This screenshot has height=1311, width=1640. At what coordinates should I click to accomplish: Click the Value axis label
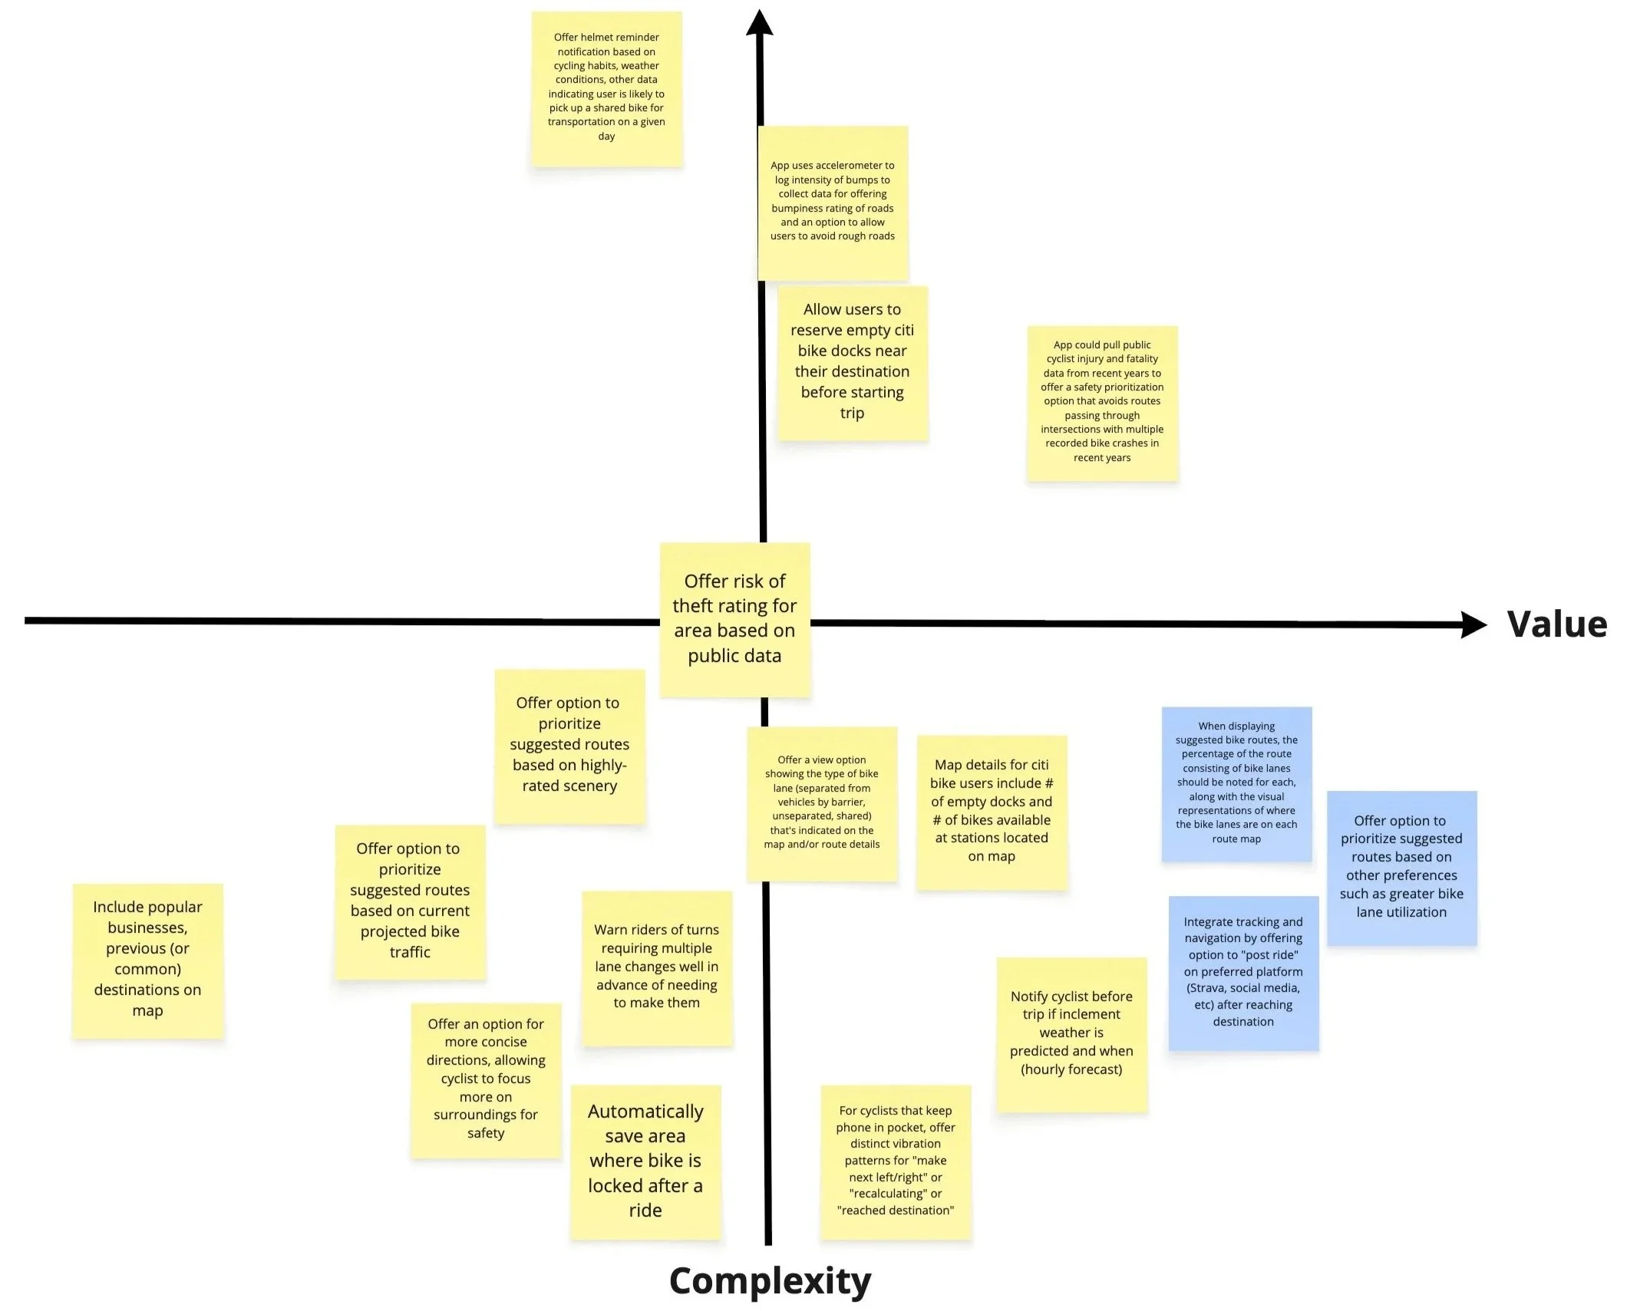pyautogui.click(x=1556, y=624)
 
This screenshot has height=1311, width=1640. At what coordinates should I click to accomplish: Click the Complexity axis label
pyautogui.click(x=770, y=1280)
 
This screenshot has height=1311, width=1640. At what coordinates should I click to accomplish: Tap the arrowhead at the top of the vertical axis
pyautogui.click(x=759, y=23)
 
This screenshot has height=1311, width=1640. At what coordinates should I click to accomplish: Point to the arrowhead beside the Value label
pyautogui.click(x=1472, y=624)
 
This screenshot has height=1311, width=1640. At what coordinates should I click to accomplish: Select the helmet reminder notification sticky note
pyautogui.click(x=606, y=87)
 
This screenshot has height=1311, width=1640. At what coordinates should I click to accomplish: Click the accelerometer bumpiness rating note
pyautogui.click(x=833, y=202)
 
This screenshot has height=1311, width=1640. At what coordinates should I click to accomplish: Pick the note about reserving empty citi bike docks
pyautogui.click(x=852, y=362)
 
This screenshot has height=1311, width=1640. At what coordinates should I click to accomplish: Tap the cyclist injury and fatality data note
pyautogui.click(x=1102, y=402)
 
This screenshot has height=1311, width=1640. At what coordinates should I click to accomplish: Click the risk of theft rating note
pyautogui.click(x=734, y=618)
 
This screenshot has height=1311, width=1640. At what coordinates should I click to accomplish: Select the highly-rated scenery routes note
pyautogui.click(x=569, y=745)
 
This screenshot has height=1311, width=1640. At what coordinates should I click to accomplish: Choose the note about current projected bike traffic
pyautogui.click(x=410, y=901)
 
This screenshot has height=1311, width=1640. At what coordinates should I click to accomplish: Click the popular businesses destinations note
pyautogui.click(x=147, y=959)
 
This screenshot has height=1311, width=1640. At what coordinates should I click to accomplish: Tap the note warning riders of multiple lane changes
pyautogui.click(x=657, y=967)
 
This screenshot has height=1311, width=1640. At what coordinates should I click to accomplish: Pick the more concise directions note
pyautogui.click(x=486, y=1079)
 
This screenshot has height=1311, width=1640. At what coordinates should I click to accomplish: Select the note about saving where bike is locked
pyautogui.click(x=645, y=1161)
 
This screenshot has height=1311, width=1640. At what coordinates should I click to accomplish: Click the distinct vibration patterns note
pyautogui.click(x=896, y=1161)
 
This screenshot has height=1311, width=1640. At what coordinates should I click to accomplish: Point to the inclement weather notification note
pyautogui.click(x=1071, y=1033)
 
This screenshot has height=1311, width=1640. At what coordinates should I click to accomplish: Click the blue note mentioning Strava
pyautogui.click(x=1243, y=972)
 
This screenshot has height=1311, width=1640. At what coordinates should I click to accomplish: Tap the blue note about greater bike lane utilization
pyautogui.click(x=1401, y=867)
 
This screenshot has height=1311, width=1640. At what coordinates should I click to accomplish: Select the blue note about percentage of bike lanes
pyautogui.click(x=1236, y=782)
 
